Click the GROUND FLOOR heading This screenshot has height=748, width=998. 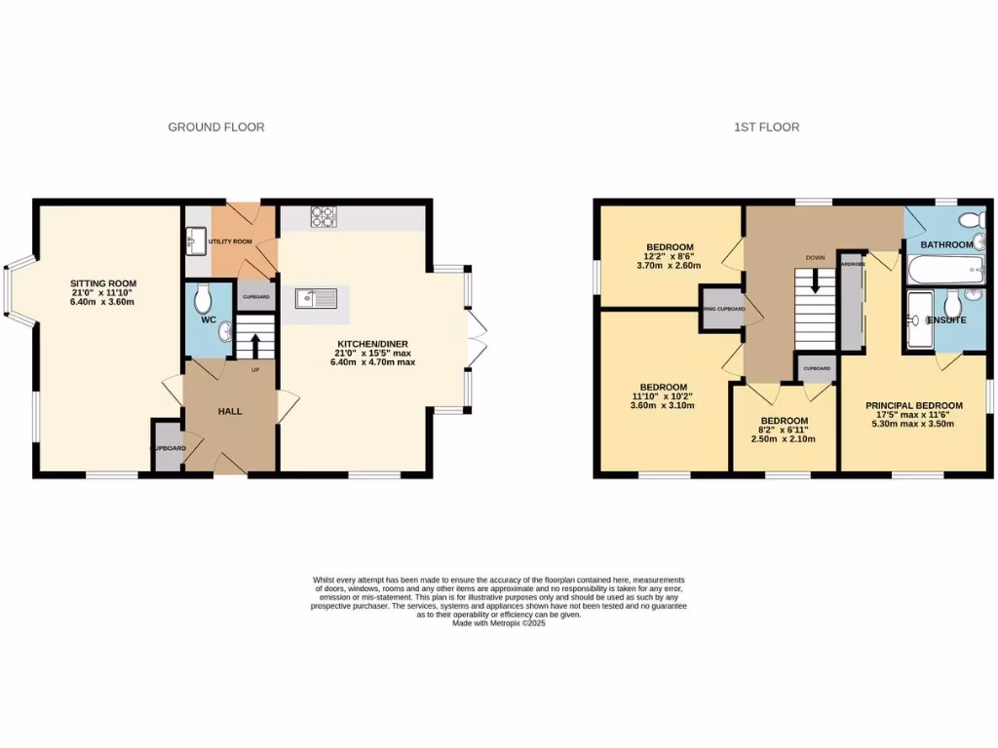216,127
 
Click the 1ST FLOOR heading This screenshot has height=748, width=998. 767,127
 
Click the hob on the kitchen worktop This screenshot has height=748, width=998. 324,217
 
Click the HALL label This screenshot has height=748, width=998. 230,411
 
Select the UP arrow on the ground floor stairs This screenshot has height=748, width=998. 255,345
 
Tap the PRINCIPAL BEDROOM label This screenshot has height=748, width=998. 914,406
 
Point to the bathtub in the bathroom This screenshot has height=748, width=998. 943,271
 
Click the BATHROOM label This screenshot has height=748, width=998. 947,244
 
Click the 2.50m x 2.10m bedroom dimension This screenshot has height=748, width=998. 785,439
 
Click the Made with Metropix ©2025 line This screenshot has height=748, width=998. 498,623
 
